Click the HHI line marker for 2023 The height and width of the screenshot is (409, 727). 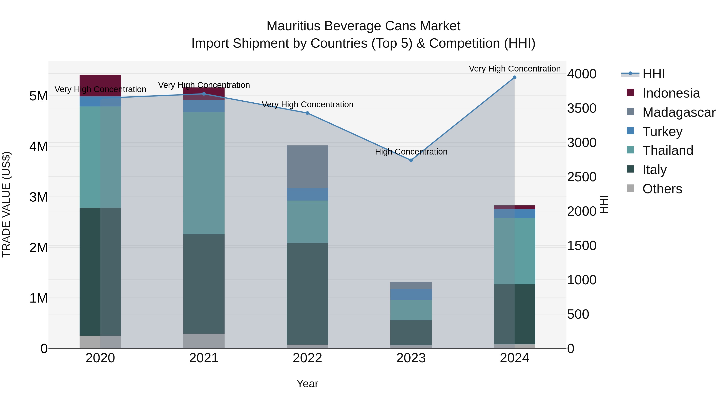point(411,160)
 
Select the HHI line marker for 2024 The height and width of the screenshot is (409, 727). point(515,77)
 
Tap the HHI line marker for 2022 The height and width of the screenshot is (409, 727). point(307,113)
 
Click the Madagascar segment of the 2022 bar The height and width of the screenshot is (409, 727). point(307,167)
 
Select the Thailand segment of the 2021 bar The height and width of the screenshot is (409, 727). point(204,173)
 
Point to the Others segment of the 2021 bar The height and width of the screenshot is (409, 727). point(204,341)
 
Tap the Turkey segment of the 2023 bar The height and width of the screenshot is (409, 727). point(411,294)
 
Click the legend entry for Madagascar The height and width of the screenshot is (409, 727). point(679,112)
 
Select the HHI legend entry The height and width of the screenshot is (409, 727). point(653,74)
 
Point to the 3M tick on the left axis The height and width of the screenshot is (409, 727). point(38,197)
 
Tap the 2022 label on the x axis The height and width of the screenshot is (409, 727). point(307,358)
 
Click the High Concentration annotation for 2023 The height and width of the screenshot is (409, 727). point(411,152)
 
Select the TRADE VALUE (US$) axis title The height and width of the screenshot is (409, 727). point(6,204)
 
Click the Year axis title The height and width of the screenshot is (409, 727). point(307,384)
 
